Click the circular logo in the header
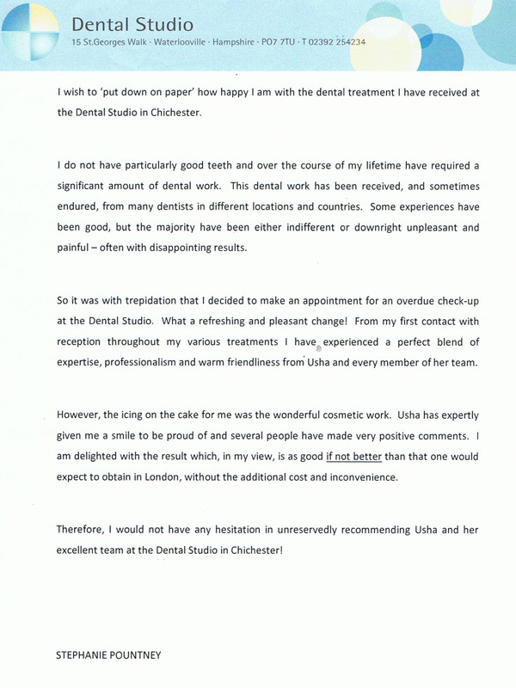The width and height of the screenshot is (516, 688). click(x=28, y=28)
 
